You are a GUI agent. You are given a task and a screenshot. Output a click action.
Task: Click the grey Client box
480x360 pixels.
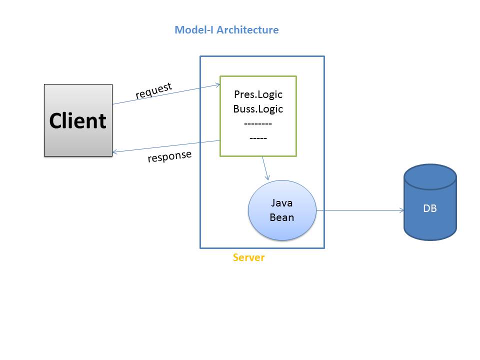(x=78, y=120)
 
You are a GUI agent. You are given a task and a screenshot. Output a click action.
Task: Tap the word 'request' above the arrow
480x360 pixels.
(x=153, y=90)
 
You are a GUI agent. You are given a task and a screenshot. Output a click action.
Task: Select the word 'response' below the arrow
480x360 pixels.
(x=169, y=156)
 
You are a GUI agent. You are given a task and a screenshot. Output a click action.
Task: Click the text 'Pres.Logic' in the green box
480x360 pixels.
(x=258, y=94)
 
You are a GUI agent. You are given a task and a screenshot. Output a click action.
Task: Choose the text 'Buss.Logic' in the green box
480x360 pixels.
(x=258, y=109)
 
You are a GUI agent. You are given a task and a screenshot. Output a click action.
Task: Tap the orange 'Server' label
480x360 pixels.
(x=248, y=258)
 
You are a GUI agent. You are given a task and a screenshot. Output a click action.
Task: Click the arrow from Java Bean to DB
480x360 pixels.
(x=360, y=210)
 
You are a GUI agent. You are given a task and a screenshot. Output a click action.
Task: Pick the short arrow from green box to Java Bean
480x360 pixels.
(x=266, y=168)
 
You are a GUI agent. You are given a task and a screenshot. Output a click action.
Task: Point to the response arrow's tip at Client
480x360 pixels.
(x=114, y=152)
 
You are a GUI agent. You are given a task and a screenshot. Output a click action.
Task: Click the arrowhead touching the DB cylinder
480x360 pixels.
(x=401, y=210)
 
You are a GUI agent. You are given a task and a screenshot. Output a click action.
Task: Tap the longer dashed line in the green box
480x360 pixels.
(x=258, y=123)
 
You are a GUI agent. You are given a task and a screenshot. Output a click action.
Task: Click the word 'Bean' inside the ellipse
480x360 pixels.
(x=282, y=217)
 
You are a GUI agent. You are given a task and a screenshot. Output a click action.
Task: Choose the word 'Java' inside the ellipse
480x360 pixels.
(x=282, y=203)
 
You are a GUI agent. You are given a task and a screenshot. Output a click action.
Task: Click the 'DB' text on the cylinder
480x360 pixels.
(x=430, y=208)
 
